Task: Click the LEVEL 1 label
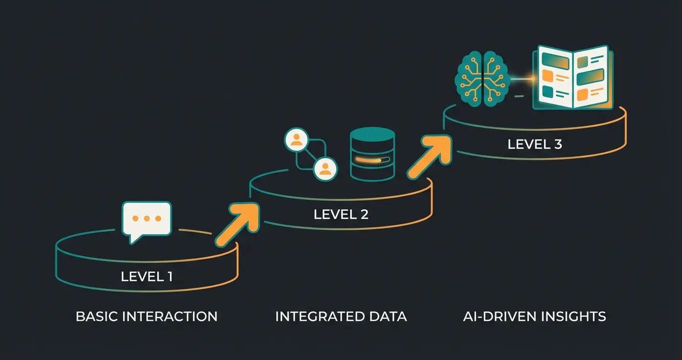pos(147,276)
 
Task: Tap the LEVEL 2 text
pos(341,214)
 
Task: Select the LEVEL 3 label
pos(534,144)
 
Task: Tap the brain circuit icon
pos(480,79)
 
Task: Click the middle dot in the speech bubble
pos(147,218)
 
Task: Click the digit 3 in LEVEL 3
pos(557,144)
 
